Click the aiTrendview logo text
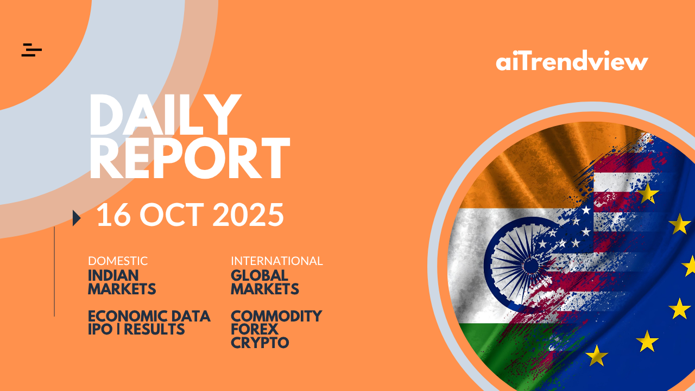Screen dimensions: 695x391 click(x=572, y=60)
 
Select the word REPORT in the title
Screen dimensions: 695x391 click(x=189, y=158)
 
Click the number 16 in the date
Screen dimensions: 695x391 click(x=113, y=215)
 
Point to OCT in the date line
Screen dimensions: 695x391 click(x=172, y=215)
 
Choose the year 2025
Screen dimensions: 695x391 click(x=248, y=215)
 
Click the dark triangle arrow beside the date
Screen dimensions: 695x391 click(x=77, y=218)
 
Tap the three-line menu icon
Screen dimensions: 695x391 click(x=31, y=50)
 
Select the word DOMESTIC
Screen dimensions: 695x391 click(x=118, y=261)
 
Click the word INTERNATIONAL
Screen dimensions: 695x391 click(x=277, y=261)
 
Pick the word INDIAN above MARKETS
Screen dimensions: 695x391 click(x=113, y=275)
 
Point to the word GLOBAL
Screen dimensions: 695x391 click(x=260, y=275)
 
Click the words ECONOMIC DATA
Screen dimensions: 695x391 click(x=149, y=316)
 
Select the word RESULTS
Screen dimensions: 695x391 click(x=154, y=329)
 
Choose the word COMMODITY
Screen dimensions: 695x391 click(x=276, y=316)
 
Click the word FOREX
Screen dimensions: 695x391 click(x=255, y=329)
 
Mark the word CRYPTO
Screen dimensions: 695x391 click(x=260, y=343)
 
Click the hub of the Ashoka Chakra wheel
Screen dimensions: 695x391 click(x=531, y=266)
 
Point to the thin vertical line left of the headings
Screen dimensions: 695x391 click(x=54, y=272)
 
